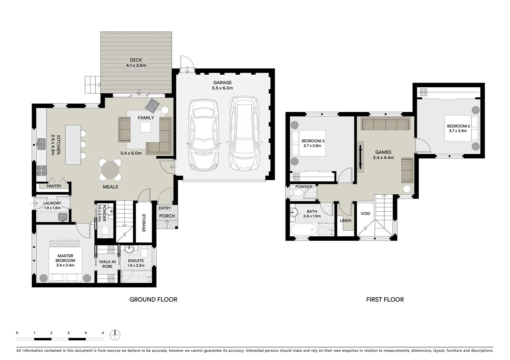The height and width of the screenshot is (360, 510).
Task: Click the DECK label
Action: tap(136, 60)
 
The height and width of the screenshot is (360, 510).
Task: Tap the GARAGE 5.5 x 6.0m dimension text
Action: tap(222, 88)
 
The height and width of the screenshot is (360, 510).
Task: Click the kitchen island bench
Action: tap(73, 145)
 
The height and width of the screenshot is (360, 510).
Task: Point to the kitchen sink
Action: tap(42, 144)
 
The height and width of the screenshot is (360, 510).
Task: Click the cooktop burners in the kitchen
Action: tap(41, 171)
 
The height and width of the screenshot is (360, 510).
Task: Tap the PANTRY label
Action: tap(54, 186)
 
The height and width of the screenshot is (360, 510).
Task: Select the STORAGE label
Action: tap(144, 223)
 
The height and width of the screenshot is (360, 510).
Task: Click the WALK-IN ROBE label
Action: tap(107, 264)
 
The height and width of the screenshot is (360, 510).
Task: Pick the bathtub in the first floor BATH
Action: tap(304, 230)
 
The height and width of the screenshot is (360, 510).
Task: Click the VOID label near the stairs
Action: tap(365, 213)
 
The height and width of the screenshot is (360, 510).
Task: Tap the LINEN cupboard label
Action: tap(346, 220)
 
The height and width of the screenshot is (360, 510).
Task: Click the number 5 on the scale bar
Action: tap(103, 333)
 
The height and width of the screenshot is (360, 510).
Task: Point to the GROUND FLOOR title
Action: tap(153, 299)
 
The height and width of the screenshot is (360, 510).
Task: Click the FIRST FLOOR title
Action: tap(385, 299)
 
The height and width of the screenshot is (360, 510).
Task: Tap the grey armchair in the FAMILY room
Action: tap(152, 105)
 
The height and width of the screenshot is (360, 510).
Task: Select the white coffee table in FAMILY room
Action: tap(145, 127)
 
